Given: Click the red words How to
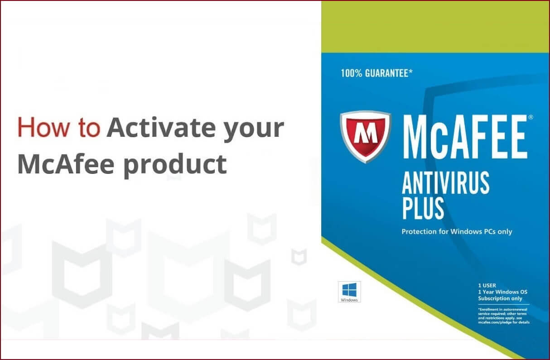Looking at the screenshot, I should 58,128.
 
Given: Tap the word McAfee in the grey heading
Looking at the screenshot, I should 65,164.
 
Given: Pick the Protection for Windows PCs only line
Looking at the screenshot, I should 457,232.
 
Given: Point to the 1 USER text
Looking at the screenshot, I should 487,286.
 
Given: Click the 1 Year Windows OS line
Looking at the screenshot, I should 502,292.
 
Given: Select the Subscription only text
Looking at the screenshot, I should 500,298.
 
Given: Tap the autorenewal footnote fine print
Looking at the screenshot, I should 503,316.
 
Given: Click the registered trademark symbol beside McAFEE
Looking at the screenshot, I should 531,117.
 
